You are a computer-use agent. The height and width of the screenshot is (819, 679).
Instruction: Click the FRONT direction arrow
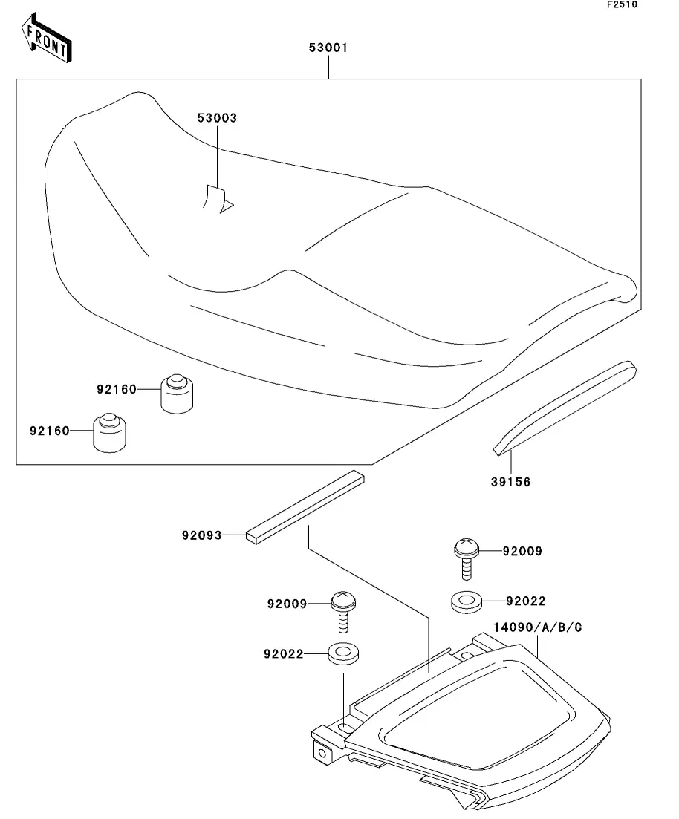tap(46, 38)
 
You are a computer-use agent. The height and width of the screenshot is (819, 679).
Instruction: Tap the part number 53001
tap(328, 48)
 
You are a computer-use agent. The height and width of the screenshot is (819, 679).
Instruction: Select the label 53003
tap(217, 118)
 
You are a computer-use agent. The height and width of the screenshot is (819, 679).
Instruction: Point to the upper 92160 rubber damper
tap(177, 394)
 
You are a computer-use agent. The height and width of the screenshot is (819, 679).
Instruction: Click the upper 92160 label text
tap(117, 389)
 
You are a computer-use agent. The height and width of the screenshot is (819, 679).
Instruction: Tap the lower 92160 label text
tap(50, 431)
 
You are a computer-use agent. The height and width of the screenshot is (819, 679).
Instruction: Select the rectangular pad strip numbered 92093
tap(305, 507)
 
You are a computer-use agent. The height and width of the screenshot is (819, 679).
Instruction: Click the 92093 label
tap(202, 535)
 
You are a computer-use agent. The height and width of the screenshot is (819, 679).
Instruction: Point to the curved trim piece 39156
tap(565, 408)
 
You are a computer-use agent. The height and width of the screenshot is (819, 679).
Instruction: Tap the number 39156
tap(510, 482)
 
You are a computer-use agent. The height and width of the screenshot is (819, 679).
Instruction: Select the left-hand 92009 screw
tap(343, 612)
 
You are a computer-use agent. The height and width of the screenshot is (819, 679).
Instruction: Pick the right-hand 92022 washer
tap(467, 602)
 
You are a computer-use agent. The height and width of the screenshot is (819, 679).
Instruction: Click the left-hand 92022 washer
tap(343, 653)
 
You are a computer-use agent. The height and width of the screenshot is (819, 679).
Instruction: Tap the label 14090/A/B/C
tap(538, 627)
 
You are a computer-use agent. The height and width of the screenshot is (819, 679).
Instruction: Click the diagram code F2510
tap(622, 4)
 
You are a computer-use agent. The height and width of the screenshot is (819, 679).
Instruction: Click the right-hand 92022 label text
tap(526, 601)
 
